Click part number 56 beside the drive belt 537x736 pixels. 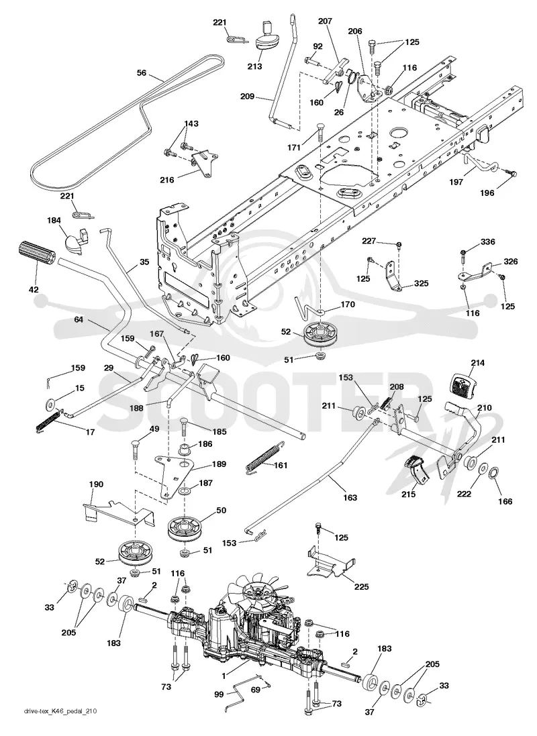click(x=142, y=72)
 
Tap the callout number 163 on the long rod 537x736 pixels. click(x=350, y=498)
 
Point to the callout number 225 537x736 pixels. click(x=361, y=586)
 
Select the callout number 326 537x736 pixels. click(x=497, y=261)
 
